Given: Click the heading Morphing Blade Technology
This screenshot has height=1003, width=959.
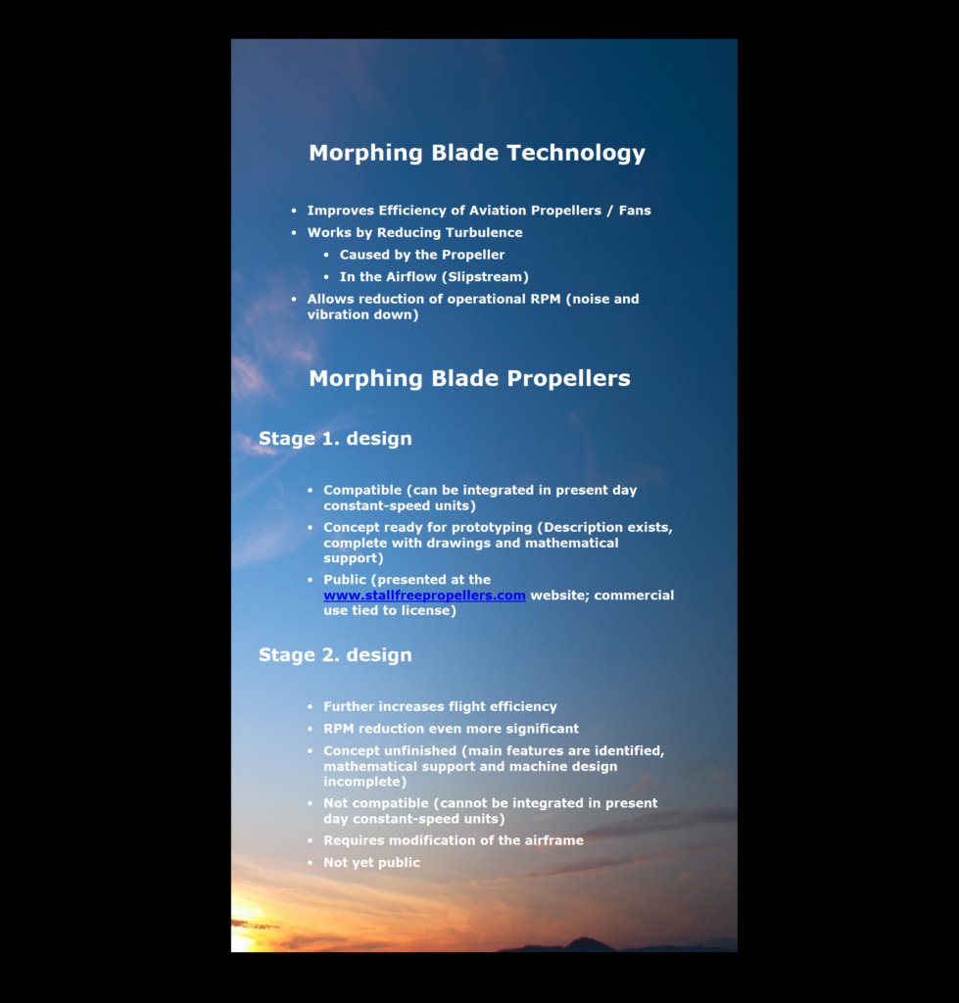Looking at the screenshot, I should click(x=477, y=153).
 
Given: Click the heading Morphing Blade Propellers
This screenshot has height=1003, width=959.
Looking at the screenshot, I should click(x=469, y=379).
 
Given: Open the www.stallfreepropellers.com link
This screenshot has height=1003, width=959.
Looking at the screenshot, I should click(x=424, y=596).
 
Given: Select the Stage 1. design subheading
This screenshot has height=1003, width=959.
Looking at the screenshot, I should click(x=335, y=439).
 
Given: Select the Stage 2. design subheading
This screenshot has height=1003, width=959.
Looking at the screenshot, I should click(x=335, y=655).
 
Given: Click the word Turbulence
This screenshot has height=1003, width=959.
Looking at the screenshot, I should click(x=485, y=233).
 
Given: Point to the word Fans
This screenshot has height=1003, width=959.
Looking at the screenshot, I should click(x=635, y=211).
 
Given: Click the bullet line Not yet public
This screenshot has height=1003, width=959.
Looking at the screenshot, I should click(x=371, y=863).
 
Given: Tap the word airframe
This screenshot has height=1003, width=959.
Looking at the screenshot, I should click(x=550, y=840).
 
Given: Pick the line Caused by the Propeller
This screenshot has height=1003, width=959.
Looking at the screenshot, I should click(x=422, y=255).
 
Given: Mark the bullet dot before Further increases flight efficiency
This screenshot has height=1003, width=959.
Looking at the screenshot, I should click(x=310, y=707).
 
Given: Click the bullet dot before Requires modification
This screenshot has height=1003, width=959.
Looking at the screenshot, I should click(x=310, y=840).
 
